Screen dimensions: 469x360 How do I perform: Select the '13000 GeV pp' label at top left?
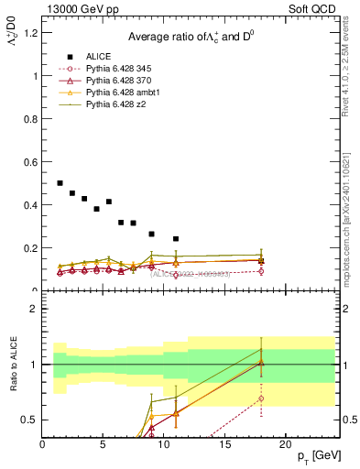tap(81, 10)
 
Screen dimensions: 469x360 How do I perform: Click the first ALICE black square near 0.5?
tap(60, 183)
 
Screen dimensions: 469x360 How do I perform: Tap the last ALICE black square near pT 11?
tap(176, 239)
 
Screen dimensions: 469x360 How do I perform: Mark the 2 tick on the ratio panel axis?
tap(35, 309)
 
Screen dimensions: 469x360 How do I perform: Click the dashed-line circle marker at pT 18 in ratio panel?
tap(261, 398)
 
